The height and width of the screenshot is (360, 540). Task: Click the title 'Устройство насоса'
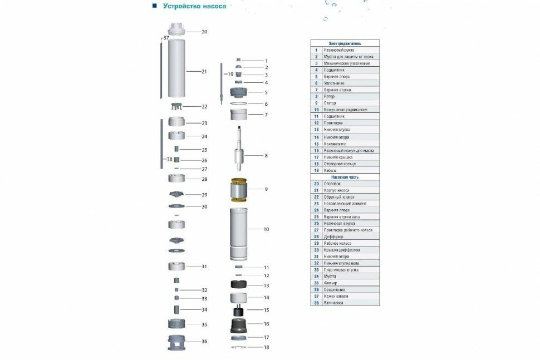pos(194,7)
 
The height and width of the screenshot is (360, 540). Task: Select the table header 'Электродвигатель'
pos(345,43)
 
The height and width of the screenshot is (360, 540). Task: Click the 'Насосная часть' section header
pos(345,177)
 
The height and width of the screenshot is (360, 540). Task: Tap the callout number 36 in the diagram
pos(204,342)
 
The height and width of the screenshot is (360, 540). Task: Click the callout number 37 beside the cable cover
pos(165,37)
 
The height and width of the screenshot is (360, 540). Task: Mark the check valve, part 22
pos(177,106)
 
